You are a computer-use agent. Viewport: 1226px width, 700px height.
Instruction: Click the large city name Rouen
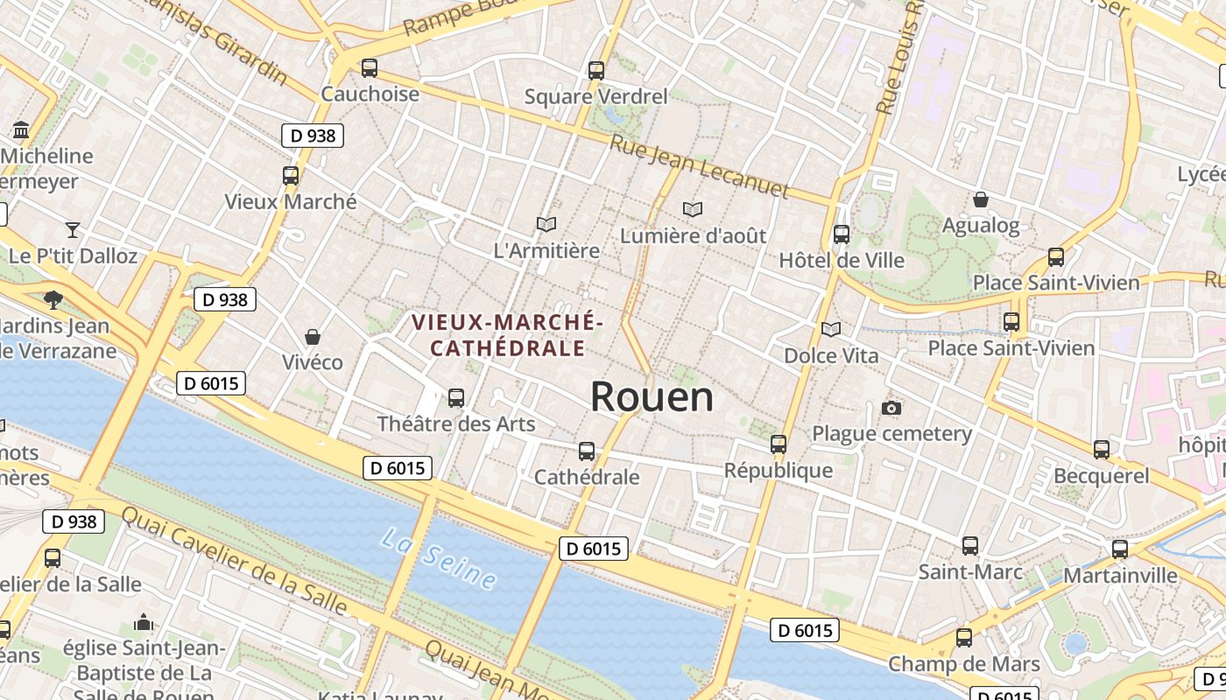point(652,397)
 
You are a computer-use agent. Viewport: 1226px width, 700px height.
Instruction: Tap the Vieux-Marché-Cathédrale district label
point(508,335)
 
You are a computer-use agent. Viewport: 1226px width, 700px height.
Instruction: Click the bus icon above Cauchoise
point(370,67)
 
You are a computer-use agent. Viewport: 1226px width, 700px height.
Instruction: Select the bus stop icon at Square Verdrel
point(596,70)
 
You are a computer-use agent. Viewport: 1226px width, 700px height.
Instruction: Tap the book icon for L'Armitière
point(546,225)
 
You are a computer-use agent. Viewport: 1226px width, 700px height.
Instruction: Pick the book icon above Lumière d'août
point(693,210)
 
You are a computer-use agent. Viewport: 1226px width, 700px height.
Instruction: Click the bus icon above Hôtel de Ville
point(842,234)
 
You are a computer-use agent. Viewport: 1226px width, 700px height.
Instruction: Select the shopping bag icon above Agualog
point(981,199)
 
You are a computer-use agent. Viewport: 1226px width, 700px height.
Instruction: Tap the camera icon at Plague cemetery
point(891,408)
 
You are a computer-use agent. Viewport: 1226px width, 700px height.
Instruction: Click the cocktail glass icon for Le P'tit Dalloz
point(73,230)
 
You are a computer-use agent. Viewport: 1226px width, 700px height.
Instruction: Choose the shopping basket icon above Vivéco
point(313,337)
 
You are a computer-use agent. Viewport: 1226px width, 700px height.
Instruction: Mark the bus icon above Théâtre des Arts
point(456,398)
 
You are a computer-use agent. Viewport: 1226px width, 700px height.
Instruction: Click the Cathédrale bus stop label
point(587,478)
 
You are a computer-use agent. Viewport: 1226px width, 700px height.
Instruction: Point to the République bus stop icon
point(779,444)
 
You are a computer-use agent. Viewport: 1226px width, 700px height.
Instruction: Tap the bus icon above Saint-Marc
point(970,546)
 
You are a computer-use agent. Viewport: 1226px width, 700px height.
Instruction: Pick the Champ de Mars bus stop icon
point(964,638)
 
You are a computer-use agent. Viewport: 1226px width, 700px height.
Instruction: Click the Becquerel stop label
point(1102,476)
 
